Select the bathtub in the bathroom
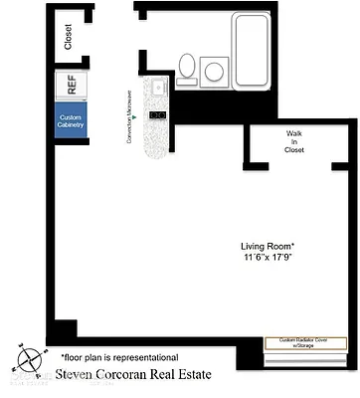[262, 50]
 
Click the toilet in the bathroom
[186, 68]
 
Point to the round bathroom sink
[213, 71]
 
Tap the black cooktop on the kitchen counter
[156, 115]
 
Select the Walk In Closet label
[294, 141]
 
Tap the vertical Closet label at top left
[68, 37]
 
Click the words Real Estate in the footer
[205, 376]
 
